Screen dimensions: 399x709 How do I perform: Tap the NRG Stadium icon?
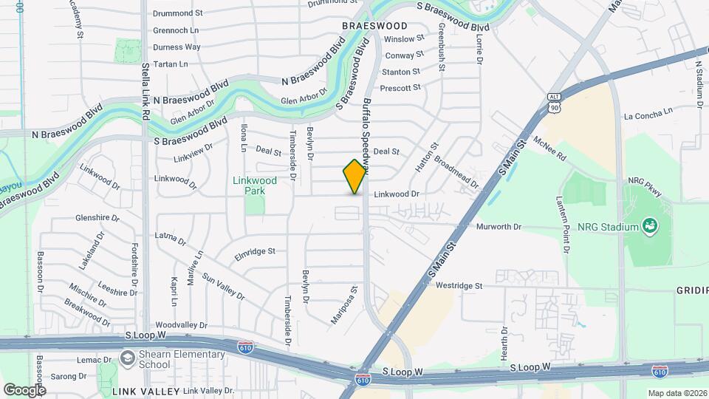point(649,225)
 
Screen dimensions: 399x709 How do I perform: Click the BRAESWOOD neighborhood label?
point(374,25)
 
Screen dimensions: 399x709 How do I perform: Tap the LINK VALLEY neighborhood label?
point(145,390)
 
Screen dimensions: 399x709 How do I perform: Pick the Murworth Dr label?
point(499,227)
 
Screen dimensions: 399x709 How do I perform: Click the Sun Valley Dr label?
point(223,288)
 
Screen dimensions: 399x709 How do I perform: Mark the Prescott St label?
point(400,87)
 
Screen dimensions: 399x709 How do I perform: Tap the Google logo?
point(24,389)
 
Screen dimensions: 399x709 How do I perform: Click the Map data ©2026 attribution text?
point(677,393)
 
